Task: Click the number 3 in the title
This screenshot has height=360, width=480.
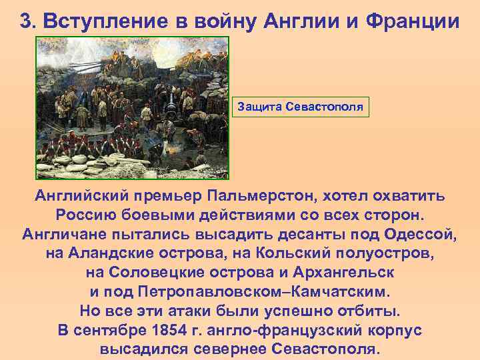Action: click(26, 20)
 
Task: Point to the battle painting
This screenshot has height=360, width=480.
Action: click(132, 108)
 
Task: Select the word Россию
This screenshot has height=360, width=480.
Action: click(86, 215)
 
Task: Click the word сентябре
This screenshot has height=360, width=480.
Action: click(111, 330)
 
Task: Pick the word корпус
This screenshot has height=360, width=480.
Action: click(388, 330)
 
